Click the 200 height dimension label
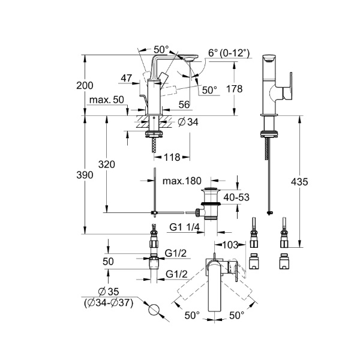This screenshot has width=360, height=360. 85,86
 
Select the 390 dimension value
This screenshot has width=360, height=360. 85,175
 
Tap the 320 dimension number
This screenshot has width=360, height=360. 106,164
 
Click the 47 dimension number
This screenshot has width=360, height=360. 127,78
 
